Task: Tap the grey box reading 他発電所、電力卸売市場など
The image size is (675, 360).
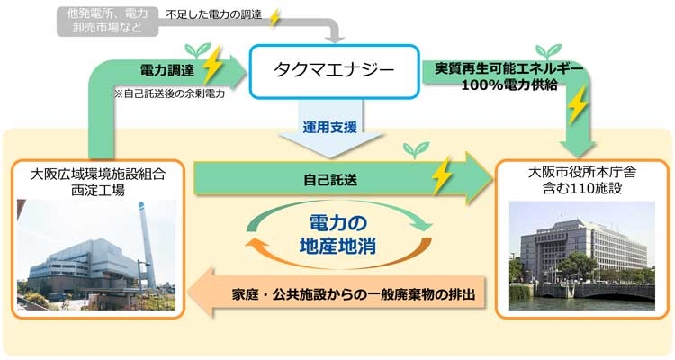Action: click(106, 20)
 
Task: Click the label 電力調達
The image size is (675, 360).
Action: click(168, 68)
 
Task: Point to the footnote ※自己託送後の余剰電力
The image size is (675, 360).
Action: click(168, 92)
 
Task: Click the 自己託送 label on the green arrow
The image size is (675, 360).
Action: click(330, 179)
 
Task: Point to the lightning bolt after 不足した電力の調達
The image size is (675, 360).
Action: click(275, 16)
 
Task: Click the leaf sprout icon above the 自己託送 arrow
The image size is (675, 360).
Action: click(415, 148)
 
